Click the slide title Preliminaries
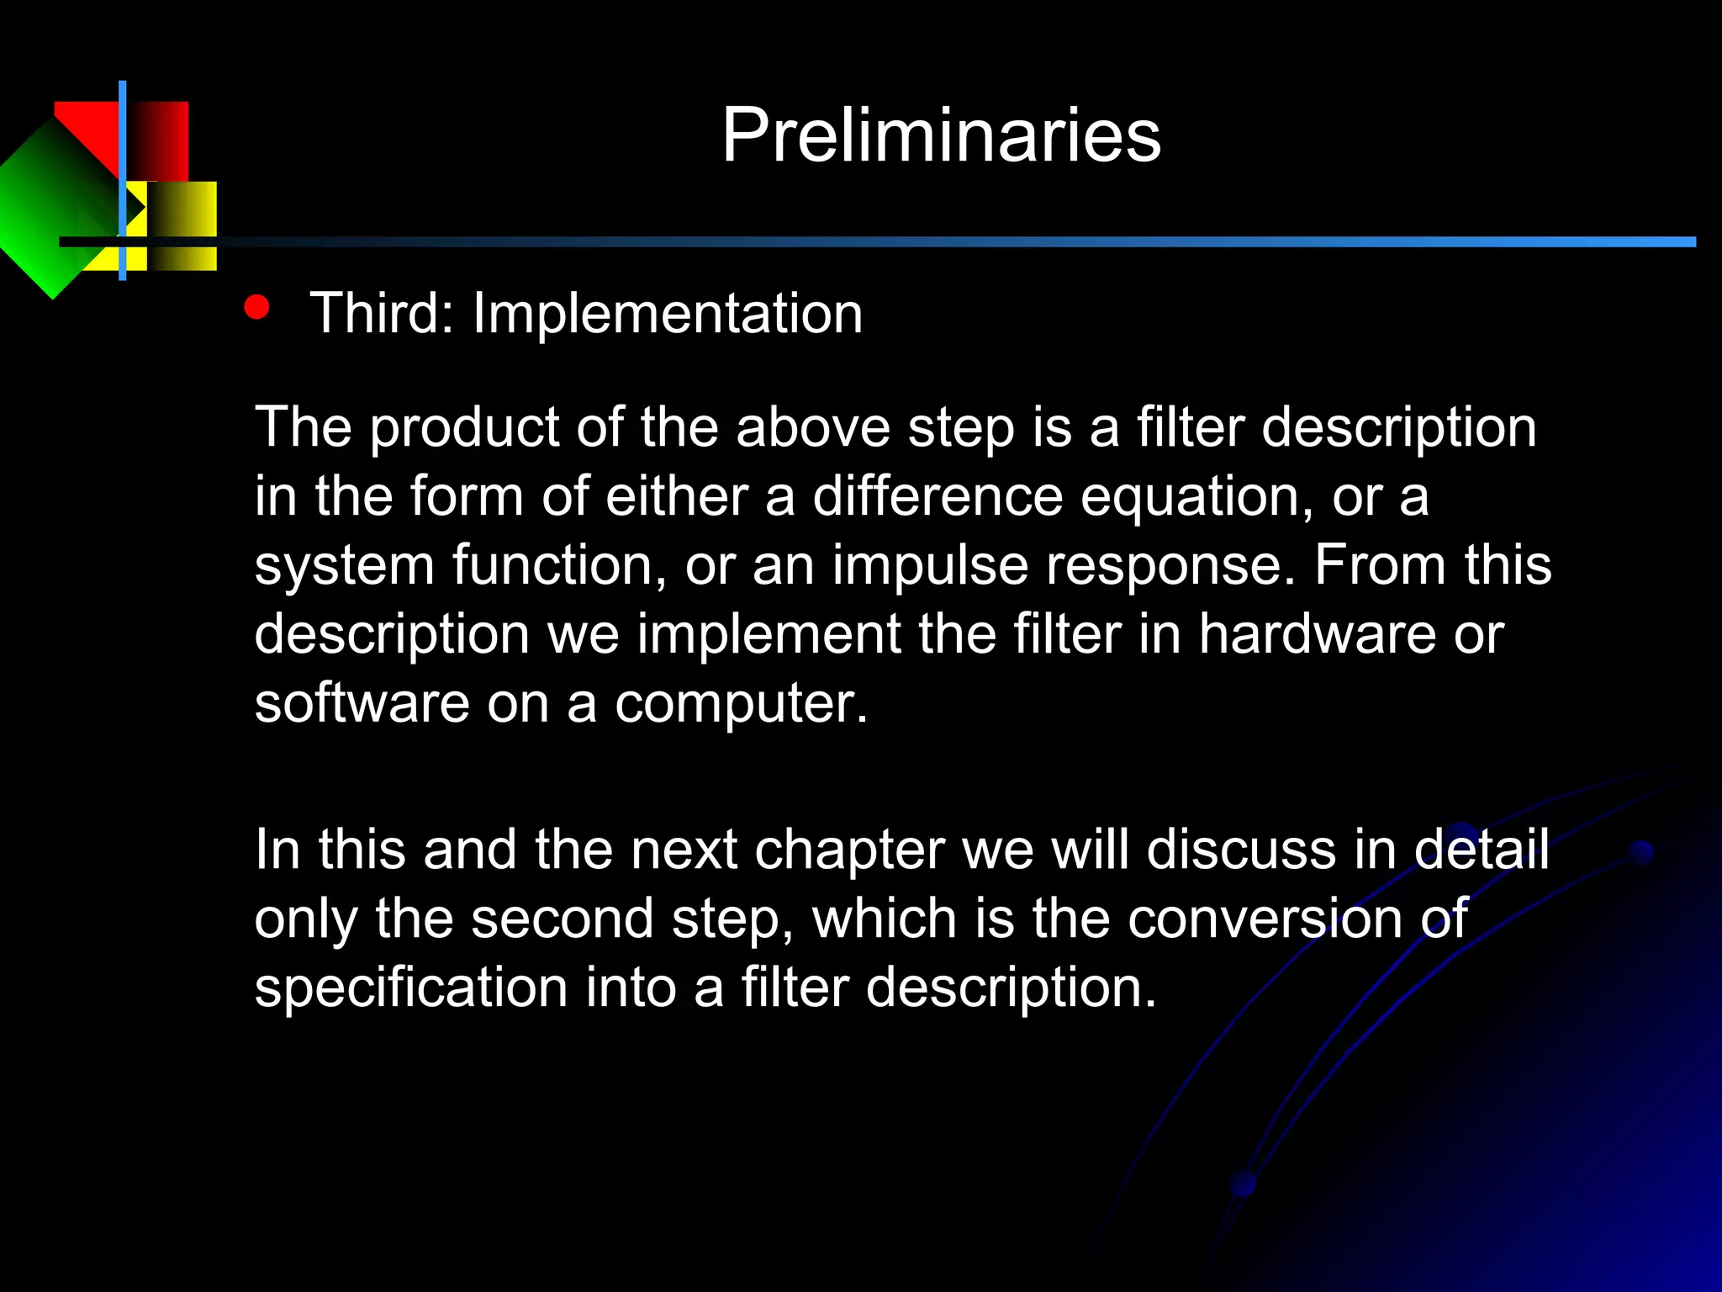tap(941, 135)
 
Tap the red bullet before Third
tap(256, 307)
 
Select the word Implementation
tap(668, 314)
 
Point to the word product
tap(464, 429)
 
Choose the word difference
tap(937, 496)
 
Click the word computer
tap(740, 705)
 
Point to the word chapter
tap(849, 850)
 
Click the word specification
tap(411, 988)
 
